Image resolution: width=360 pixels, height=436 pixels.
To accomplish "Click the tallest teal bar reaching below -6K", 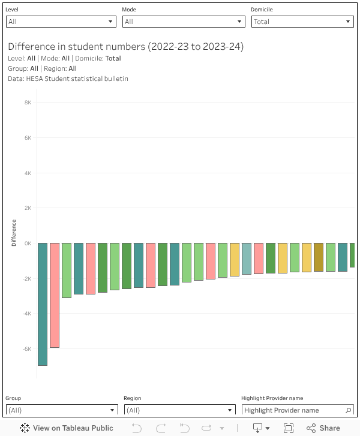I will point(43,304).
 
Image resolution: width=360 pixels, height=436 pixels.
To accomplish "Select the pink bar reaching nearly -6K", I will point(55,295).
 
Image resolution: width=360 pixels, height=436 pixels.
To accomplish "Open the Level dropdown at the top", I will point(61,22).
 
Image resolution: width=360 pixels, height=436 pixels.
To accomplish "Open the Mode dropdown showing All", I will point(184,22).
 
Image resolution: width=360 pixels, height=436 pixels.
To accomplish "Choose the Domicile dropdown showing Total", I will point(302,22).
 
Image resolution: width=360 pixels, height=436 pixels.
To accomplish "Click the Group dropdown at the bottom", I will point(62,410).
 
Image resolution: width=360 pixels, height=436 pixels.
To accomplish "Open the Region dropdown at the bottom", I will point(180,410).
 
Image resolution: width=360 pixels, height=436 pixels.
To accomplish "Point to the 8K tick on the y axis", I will point(28,103).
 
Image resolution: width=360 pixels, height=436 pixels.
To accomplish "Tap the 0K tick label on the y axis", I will point(28,243).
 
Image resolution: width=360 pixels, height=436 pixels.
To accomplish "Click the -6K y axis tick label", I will point(26,349).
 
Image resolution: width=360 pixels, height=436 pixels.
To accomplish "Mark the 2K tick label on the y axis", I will point(28,208).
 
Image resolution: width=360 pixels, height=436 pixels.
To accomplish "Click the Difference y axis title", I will point(14,233).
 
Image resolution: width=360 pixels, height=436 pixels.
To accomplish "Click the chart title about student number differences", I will point(126,47).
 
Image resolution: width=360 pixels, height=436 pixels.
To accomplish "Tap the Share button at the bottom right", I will point(323,428).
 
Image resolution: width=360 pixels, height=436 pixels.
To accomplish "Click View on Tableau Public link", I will point(67,428).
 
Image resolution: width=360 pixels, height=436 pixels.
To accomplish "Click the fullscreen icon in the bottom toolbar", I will point(289,428).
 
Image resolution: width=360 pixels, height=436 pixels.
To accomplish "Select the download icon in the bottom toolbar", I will point(258,428).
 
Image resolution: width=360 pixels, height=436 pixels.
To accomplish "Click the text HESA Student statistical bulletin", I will point(77,79).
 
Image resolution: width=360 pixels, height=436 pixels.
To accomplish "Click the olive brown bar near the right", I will point(319,257).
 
